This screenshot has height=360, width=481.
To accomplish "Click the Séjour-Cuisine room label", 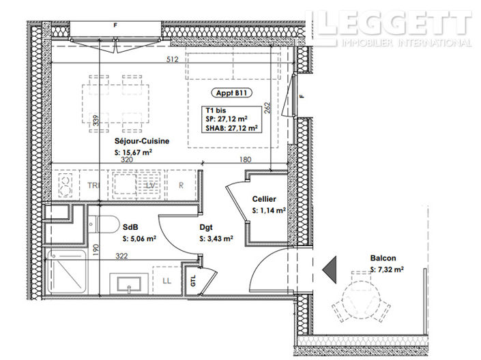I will pos(142,141).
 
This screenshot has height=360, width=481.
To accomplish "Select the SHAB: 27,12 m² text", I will pos(232,126).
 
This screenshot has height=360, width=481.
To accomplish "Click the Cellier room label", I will pos(264,198).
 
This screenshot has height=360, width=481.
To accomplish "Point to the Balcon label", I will pos(383,259).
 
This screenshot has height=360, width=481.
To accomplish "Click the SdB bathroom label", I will pos(131,228).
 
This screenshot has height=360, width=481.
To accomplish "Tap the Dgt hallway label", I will pos(207,228).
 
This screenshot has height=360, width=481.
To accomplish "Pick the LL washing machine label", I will pos(167,280).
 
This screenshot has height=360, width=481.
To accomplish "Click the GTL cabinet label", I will pos(194,281).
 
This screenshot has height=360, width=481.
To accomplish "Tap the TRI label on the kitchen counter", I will pos(93,185).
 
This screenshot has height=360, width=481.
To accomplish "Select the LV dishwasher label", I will pos(151,185).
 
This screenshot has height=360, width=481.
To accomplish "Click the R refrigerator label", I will pos(181,185).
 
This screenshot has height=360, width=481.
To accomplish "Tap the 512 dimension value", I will pos(171,59).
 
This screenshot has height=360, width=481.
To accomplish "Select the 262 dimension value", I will pos(268,108).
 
